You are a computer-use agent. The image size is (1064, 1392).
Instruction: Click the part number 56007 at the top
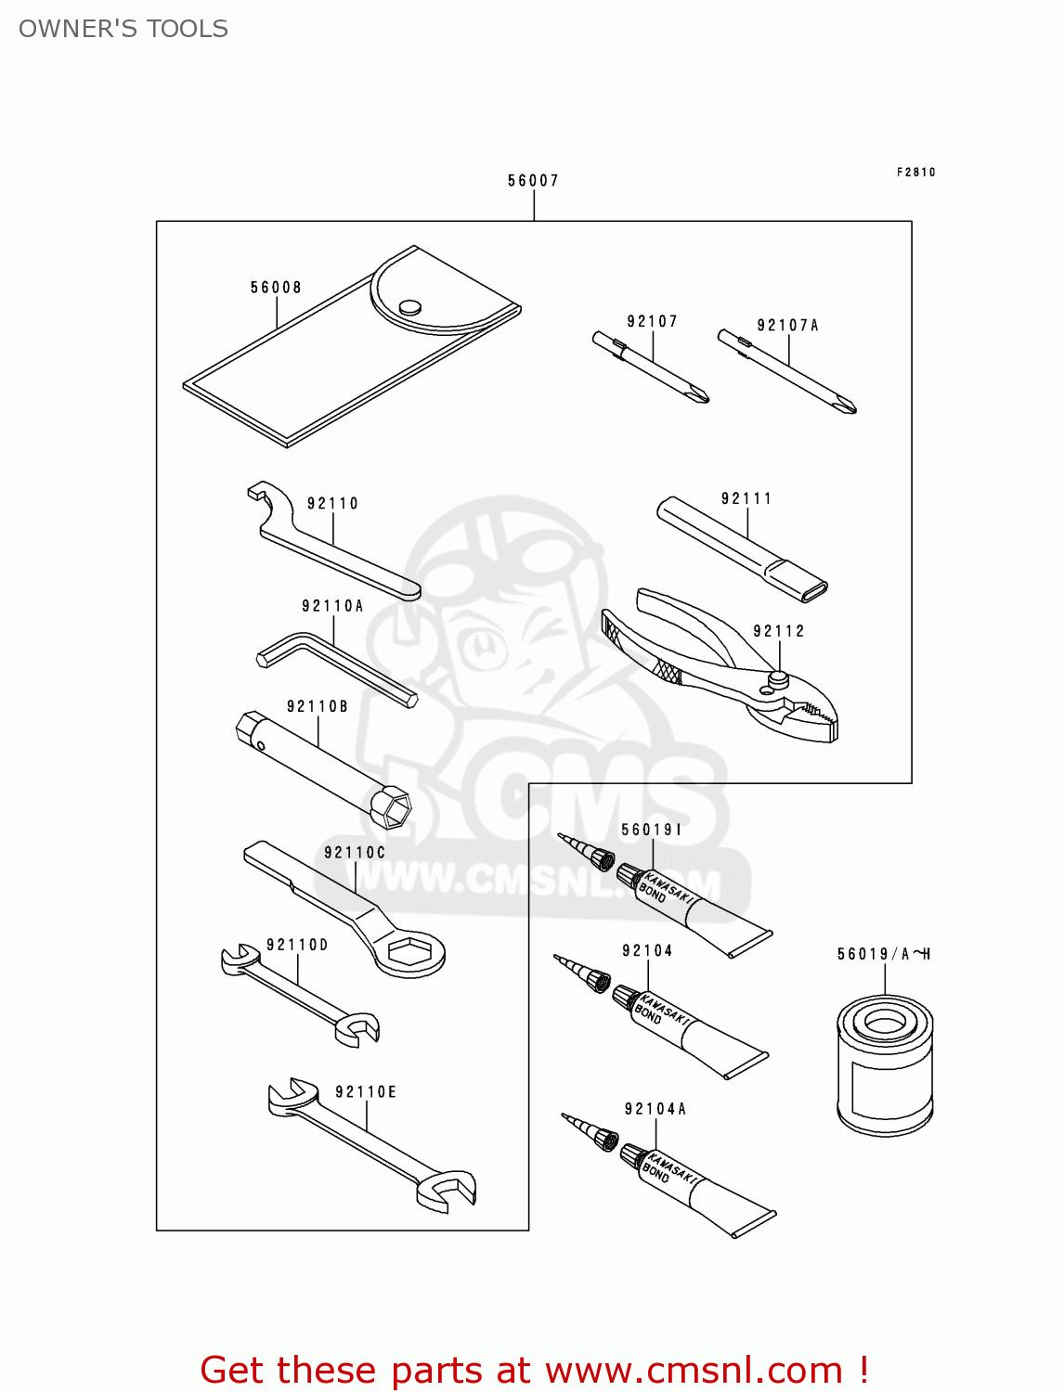point(533,181)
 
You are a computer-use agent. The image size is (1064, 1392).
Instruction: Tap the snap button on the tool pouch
point(409,307)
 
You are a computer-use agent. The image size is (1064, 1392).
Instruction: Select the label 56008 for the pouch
point(276,288)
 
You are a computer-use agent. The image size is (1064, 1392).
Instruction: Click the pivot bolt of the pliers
point(779,679)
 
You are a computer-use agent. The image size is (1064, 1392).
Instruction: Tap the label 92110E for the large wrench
point(366,1092)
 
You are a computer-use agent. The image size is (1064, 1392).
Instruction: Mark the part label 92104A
point(655,1109)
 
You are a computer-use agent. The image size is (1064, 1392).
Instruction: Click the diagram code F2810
point(915,172)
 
